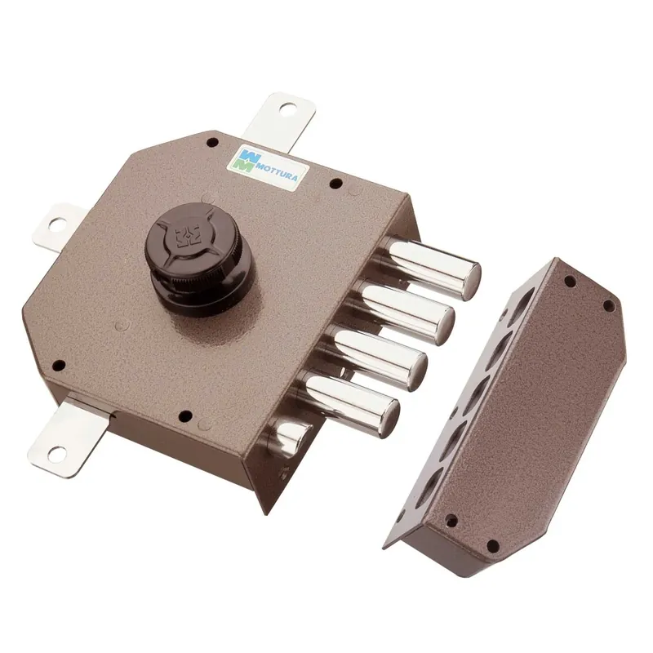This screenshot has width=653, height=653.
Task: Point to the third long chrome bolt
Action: [377, 355]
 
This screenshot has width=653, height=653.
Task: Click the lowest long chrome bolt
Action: [350, 399]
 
